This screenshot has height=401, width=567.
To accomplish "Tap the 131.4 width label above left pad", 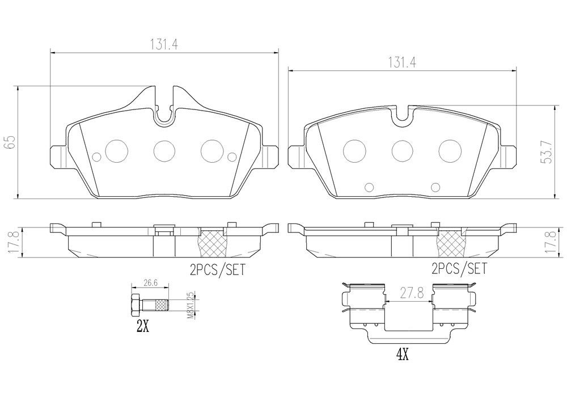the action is [x=164, y=44].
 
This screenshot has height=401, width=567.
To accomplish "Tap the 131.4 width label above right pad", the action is [x=402, y=63].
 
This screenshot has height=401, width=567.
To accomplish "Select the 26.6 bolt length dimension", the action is [x=150, y=283].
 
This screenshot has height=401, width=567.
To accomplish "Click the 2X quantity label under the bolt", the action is [x=142, y=327].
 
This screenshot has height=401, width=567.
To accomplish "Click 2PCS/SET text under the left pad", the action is [x=217, y=270].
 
